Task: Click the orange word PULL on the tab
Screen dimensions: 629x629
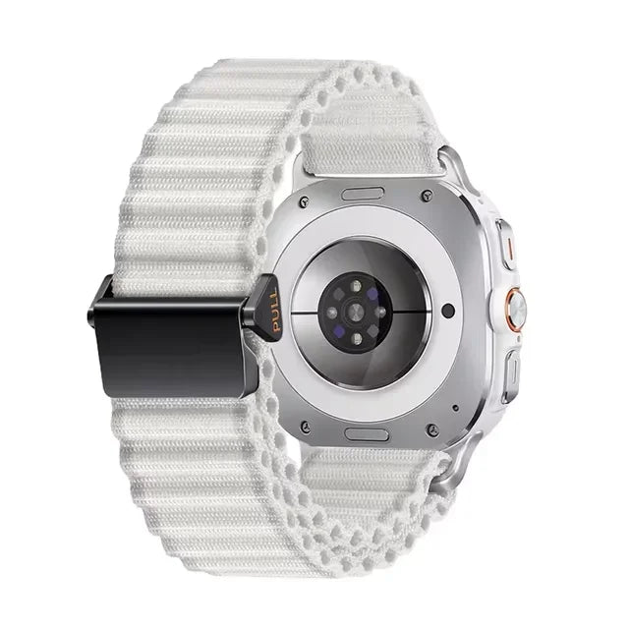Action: pos(275,311)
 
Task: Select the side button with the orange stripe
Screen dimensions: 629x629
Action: pos(507,244)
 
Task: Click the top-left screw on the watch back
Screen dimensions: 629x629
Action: pos(305,200)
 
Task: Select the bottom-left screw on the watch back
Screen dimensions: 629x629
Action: pos(306,426)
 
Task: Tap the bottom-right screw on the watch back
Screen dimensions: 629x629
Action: pos(432,429)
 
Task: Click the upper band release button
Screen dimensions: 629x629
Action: pos(363,194)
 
